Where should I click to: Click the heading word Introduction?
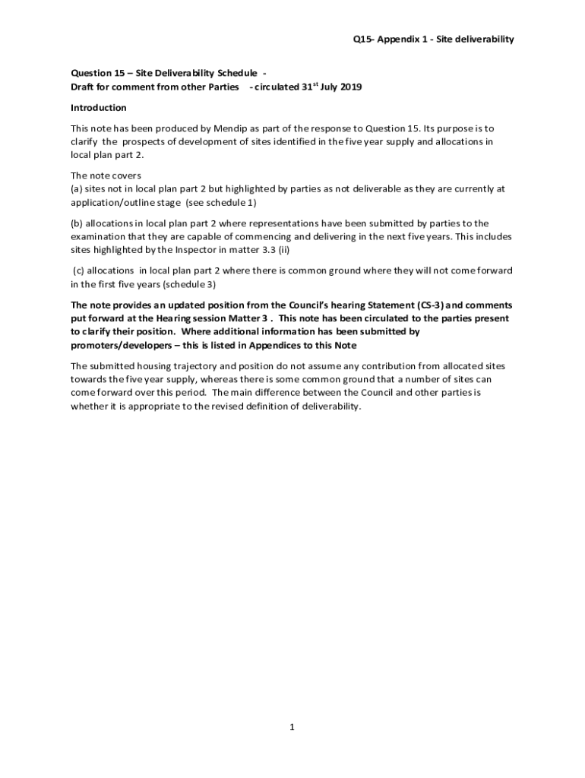click(x=99, y=108)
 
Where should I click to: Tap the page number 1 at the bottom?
click(x=292, y=727)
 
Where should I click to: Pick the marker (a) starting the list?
click(x=77, y=188)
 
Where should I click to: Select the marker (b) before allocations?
click(x=77, y=223)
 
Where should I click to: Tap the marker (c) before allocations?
click(x=78, y=270)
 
